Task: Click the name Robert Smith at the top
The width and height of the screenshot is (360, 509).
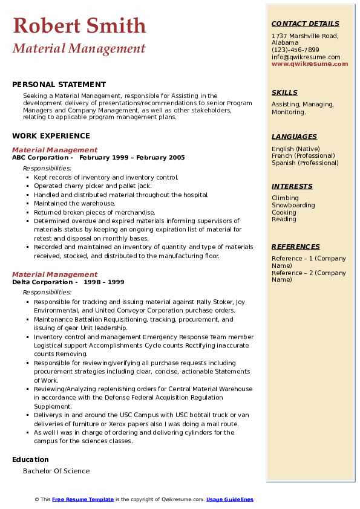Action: click(x=79, y=25)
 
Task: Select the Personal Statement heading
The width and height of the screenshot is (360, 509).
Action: click(x=59, y=85)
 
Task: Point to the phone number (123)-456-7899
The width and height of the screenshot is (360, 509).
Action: click(x=295, y=50)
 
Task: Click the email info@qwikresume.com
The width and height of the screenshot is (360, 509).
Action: click(x=306, y=57)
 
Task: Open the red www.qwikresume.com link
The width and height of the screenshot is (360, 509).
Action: click(x=310, y=63)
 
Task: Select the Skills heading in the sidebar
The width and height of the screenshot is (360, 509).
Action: click(x=284, y=92)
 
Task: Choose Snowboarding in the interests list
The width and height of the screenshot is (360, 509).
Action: click(x=293, y=206)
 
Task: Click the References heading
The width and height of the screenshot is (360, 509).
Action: click(x=295, y=247)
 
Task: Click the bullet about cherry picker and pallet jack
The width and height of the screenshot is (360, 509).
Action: click(x=93, y=186)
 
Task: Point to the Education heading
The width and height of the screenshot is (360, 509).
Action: click(x=30, y=460)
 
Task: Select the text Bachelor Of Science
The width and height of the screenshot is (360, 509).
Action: click(x=56, y=471)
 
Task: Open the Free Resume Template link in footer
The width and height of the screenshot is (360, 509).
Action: click(x=83, y=499)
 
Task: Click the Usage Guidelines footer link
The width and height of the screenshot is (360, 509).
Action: click(x=229, y=499)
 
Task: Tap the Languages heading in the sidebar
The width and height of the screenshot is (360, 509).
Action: click(x=294, y=137)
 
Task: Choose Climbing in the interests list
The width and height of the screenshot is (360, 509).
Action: click(x=285, y=198)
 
